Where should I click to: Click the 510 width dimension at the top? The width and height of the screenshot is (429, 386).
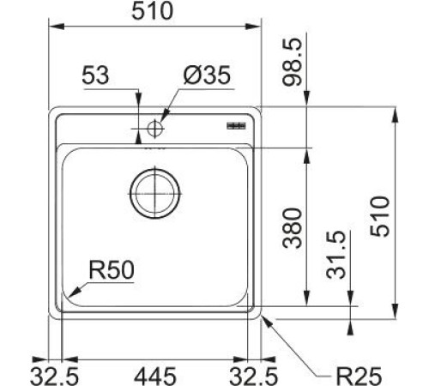tap(155, 11)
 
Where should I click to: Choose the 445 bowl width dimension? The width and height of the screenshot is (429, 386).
tap(155, 374)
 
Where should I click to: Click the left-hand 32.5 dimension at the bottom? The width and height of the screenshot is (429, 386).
tap(54, 374)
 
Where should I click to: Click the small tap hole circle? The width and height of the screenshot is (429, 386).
tap(154, 130)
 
